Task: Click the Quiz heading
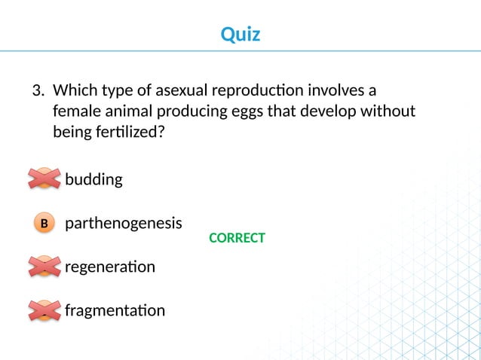pos(240,34)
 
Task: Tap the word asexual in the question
pos(185,91)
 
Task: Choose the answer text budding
pos(93,180)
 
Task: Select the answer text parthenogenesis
pos(124,224)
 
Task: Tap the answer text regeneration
pos(110,267)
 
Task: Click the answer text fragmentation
pos(115,310)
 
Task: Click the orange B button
pos(44,224)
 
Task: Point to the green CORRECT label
pos(237,238)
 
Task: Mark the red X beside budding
pos(44,178)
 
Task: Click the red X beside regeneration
pos(44,266)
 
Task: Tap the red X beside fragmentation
pos(44,310)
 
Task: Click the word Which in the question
pos(75,91)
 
